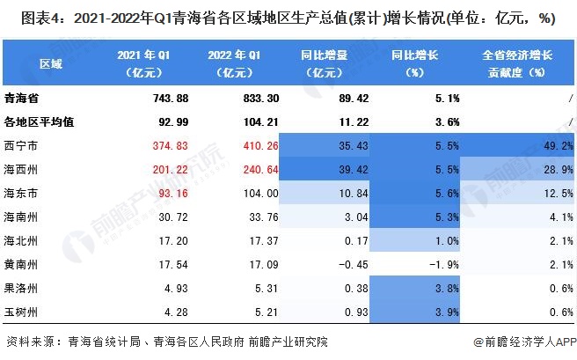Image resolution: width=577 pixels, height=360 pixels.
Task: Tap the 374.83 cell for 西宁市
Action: pos(148,144)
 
